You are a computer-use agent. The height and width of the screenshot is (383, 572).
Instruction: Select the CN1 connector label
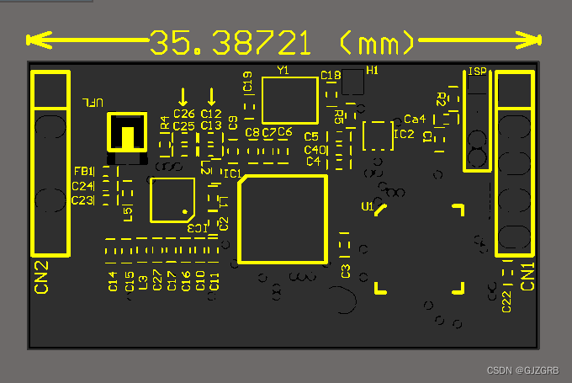click(528, 276)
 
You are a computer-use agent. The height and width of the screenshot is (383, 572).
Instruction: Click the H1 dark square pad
click(353, 82)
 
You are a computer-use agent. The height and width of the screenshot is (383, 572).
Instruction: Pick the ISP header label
click(477, 72)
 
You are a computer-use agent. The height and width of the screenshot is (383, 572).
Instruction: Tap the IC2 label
click(404, 134)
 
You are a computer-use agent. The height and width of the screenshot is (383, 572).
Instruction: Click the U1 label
click(367, 206)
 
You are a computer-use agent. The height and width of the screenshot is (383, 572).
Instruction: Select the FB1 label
click(82, 172)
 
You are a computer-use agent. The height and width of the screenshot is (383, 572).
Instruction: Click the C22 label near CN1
click(506, 301)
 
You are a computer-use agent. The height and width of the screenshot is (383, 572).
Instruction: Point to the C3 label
click(346, 271)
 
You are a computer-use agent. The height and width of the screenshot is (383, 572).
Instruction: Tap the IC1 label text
click(232, 174)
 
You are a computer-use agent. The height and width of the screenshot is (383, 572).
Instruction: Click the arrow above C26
click(183, 96)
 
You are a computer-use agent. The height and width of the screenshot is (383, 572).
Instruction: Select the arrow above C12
click(211, 96)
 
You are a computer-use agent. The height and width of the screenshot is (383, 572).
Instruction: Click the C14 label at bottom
click(113, 281)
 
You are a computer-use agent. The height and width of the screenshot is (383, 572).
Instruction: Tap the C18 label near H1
click(331, 76)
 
